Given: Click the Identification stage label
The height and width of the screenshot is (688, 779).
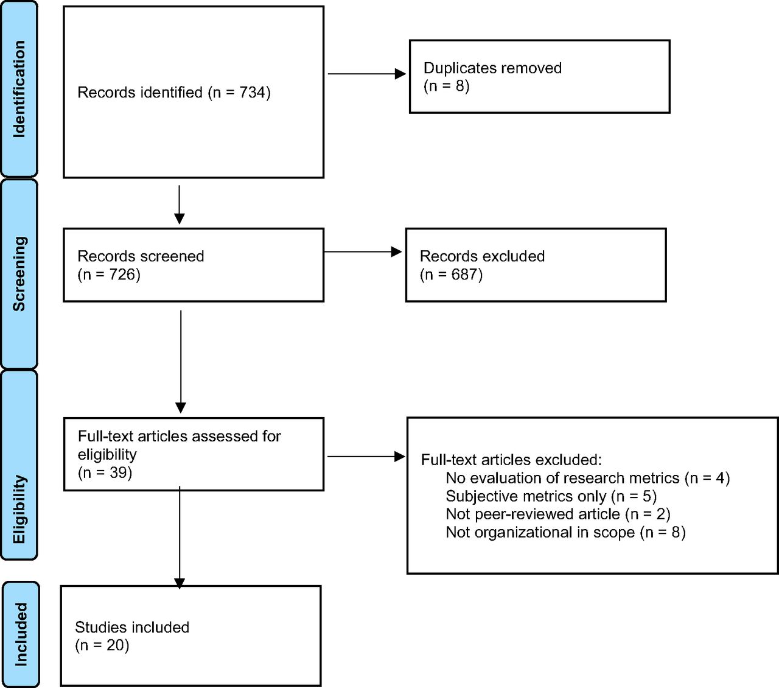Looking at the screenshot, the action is coord(19,89).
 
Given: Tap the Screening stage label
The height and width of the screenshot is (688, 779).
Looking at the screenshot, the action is coord(19,273).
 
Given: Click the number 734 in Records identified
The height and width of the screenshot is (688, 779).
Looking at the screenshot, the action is coord(253,93).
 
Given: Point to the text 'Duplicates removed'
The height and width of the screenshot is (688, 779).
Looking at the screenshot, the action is coord(492,68).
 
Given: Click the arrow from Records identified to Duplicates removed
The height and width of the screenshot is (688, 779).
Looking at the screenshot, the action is coord(367,74).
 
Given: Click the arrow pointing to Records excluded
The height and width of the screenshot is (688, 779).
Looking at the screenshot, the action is coord(363,252).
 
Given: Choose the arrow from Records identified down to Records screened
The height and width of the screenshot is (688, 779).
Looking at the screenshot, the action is coord(179,205).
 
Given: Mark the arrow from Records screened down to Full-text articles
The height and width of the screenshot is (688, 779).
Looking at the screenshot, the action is coord(180,362).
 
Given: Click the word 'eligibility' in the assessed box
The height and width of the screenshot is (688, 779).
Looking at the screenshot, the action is coord(107,454).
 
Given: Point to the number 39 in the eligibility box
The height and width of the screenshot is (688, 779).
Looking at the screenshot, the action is coord(118,472).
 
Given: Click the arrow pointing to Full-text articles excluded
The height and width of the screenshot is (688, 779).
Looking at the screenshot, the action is coord(366,457).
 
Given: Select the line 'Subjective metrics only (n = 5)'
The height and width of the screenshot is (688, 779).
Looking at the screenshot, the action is coord(551,496).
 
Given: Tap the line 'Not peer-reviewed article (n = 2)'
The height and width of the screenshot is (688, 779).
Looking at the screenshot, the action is coord(558,514).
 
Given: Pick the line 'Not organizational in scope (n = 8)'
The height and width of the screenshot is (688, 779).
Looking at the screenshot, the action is coord(565,532).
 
